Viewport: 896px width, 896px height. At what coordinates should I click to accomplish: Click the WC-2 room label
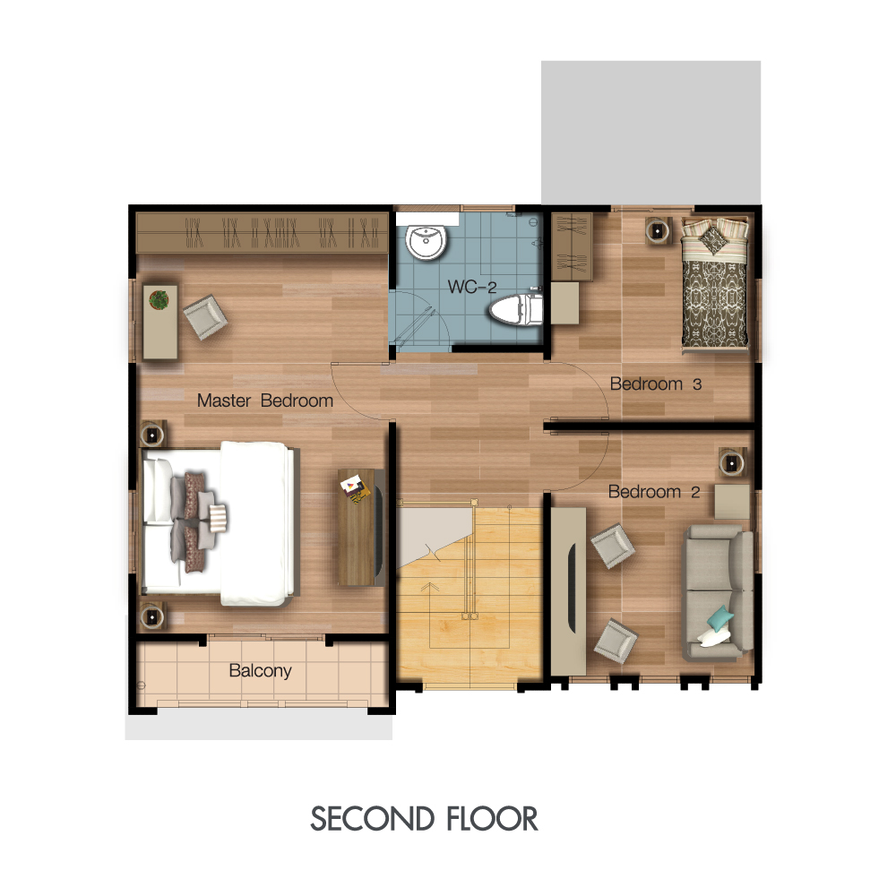coord(472,287)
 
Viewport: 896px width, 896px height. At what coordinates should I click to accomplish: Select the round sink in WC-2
coord(426,242)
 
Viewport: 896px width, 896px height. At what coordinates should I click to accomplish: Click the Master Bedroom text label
coord(265,401)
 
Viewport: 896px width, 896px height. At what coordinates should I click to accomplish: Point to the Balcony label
coord(260,670)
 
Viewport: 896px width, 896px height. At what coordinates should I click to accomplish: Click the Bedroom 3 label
coord(656,384)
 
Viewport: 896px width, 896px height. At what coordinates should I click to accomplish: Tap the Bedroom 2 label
coord(654,491)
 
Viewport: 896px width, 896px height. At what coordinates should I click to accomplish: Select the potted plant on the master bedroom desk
coord(159,299)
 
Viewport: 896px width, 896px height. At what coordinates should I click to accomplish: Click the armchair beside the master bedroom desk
coord(205,317)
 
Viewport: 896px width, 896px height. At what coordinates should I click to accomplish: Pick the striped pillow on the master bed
coord(218,518)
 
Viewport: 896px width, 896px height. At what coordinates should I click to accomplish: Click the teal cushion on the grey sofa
coord(720,617)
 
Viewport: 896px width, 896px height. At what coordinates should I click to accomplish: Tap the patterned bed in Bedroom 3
coord(714,283)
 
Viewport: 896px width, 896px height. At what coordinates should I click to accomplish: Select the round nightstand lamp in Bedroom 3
coord(658,231)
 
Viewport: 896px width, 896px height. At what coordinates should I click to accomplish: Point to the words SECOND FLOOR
coord(424,818)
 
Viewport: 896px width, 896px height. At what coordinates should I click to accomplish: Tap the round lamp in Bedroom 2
coord(732,462)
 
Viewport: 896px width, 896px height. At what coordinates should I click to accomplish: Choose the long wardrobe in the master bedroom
coord(263,233)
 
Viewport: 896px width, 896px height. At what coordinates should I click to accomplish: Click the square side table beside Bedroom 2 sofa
coord(732,501)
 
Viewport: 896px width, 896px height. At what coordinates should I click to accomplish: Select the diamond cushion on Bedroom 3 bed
coord(714,239)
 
